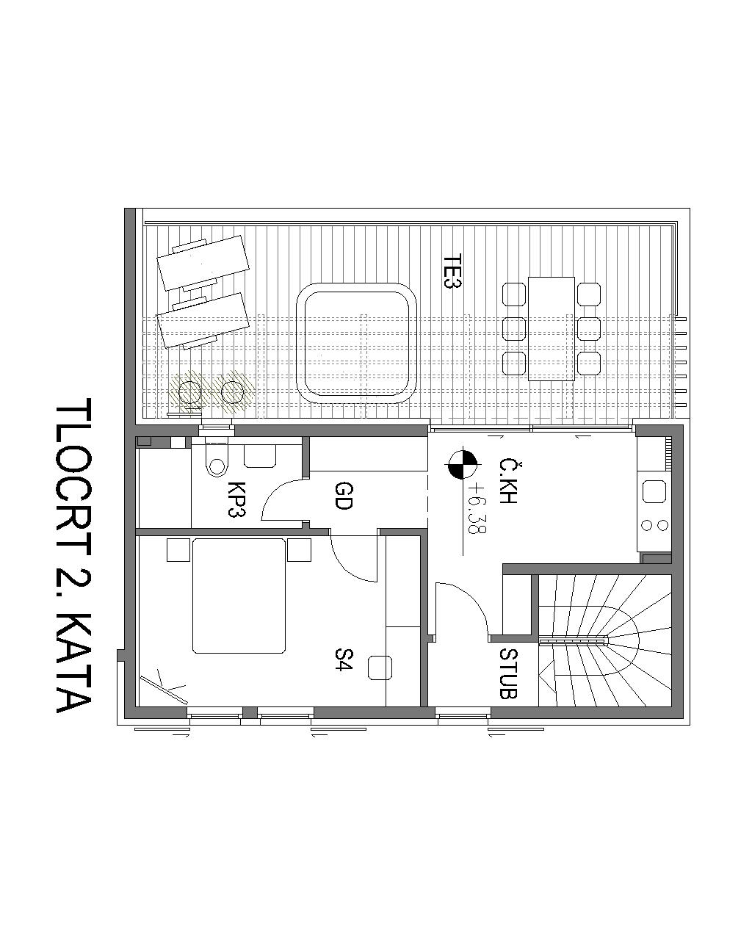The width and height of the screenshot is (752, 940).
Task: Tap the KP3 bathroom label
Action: coord(236,499)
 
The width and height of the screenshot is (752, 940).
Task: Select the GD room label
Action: coord(343,496)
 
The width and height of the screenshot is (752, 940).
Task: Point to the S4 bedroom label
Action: coord(343,659)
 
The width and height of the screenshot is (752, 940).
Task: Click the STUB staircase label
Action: coord(508,673)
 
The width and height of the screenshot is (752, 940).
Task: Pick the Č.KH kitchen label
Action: coord(507,481)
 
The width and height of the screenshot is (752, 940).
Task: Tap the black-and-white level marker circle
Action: coord(463,464)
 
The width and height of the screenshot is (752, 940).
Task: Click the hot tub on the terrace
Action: coord(356,342)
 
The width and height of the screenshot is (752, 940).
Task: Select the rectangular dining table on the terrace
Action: coord(551,328)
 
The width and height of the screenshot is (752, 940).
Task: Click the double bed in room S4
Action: coord(239,596)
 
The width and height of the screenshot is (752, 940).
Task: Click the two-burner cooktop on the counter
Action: coord(654,525)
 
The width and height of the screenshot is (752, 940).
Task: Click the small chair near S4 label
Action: coord(380,668)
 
